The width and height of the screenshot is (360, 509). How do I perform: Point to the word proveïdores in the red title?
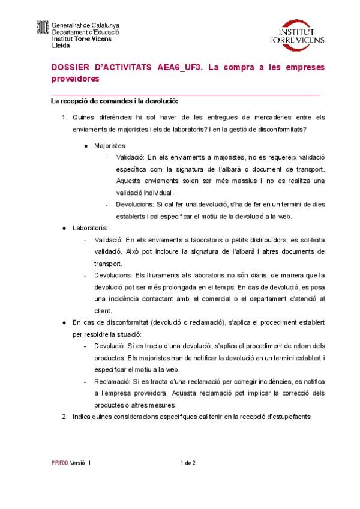point(74,79)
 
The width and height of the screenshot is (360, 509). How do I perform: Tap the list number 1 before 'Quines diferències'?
point(64,117)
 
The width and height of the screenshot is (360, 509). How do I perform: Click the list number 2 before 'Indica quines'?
point(64,416)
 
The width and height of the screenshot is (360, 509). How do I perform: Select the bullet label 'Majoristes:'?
point(110,145)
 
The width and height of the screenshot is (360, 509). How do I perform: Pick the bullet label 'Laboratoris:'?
point(90,228)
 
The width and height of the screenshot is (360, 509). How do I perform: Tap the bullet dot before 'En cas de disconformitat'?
point(65,322)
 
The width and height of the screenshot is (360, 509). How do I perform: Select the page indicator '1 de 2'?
point(188,463)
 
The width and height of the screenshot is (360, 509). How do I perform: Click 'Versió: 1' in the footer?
point(81,463)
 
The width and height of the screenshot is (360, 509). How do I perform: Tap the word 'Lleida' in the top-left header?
point(61,45)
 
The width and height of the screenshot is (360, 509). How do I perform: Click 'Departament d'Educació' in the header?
point(85,32)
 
